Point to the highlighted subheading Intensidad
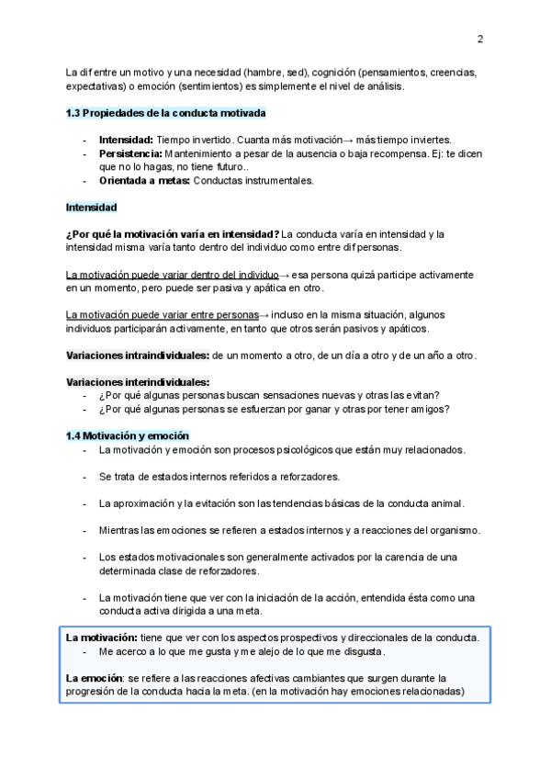pyautogui.click(x=91, y=208)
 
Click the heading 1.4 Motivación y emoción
pyautogui.click(x=128, y=435)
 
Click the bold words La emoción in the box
pyautogui.click(x=96, y=678)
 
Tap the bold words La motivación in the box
pyautogui.click(x=101, y=637)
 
